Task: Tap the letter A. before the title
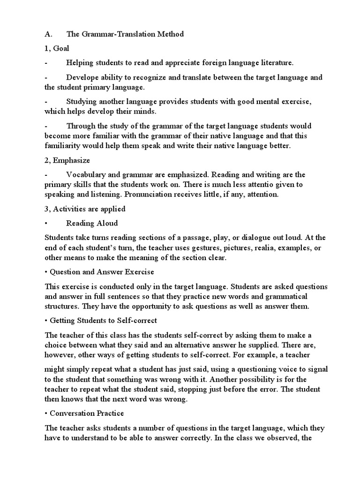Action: pos(48,34)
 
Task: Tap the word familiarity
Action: pos(63,146)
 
